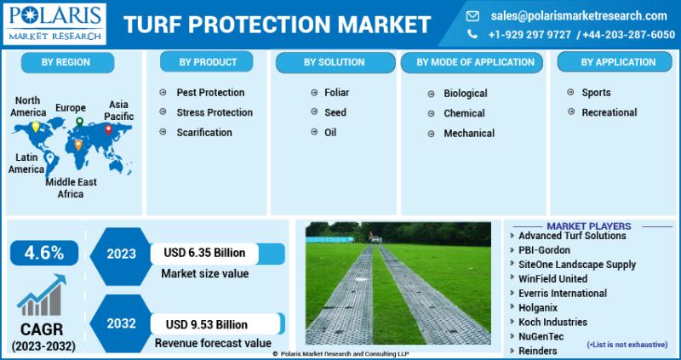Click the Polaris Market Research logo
click(x=54, y=24)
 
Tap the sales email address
click(x=579, y=16)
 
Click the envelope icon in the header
click(x=472, y=16)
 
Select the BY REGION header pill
click(x=67, y=62)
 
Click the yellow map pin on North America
click(x=36, y=127)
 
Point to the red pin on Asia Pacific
click(x=108, y=129)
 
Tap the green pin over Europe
click(x=79, y=122)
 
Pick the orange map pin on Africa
click(x=78, y=145)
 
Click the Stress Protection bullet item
click(x=215, y=112)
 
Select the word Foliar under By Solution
click(x=336, y=93)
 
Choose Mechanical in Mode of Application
click(x=469, y=134)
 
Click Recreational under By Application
click(x=609, y=112)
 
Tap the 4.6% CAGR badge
click(x=44, y=253)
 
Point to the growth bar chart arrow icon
click(x=42, y=294)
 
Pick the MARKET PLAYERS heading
click(x=588, y=226)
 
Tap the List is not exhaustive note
click(x=627, y=345)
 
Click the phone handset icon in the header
click(x=472, y=34)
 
